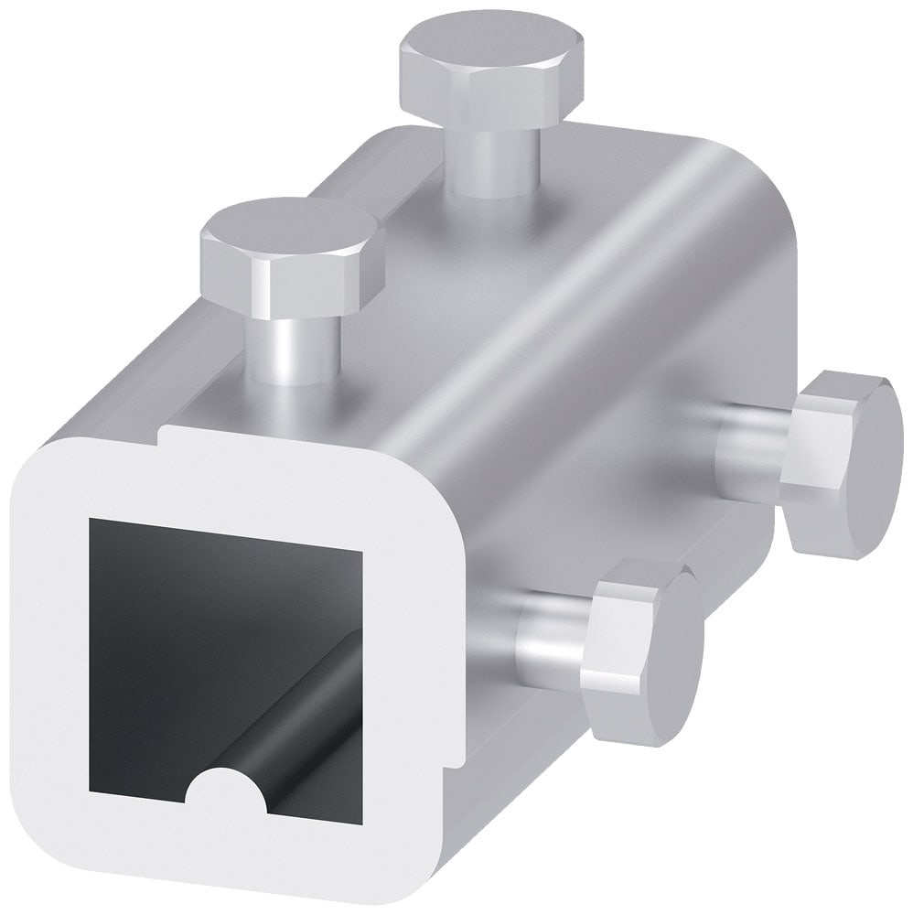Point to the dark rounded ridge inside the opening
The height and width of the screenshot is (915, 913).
pyautogui.click(x=311, y=714)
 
